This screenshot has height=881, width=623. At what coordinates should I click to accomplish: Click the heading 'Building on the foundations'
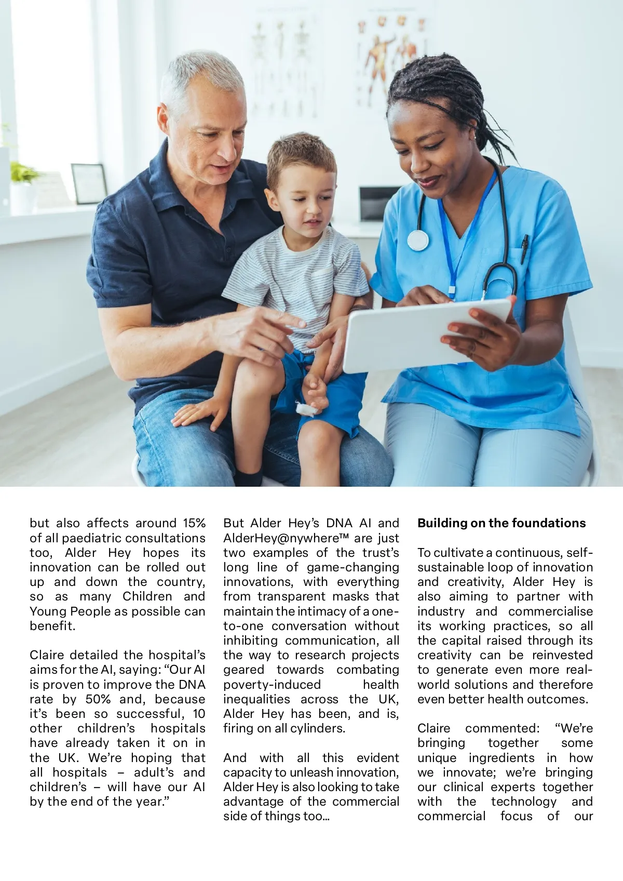(501, 523)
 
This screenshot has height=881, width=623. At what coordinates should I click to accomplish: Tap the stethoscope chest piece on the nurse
(418, 240)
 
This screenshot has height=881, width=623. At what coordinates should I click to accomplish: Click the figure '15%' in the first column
(194, 523)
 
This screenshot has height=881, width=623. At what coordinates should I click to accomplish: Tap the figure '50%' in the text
(98, 699)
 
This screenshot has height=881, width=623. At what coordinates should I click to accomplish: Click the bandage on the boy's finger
(306, 409)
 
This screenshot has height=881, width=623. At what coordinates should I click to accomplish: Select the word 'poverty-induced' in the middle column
(272, 685)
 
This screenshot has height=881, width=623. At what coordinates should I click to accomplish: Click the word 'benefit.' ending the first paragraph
(52, 626)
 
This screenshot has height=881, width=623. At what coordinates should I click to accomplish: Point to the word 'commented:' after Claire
(502, 728)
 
